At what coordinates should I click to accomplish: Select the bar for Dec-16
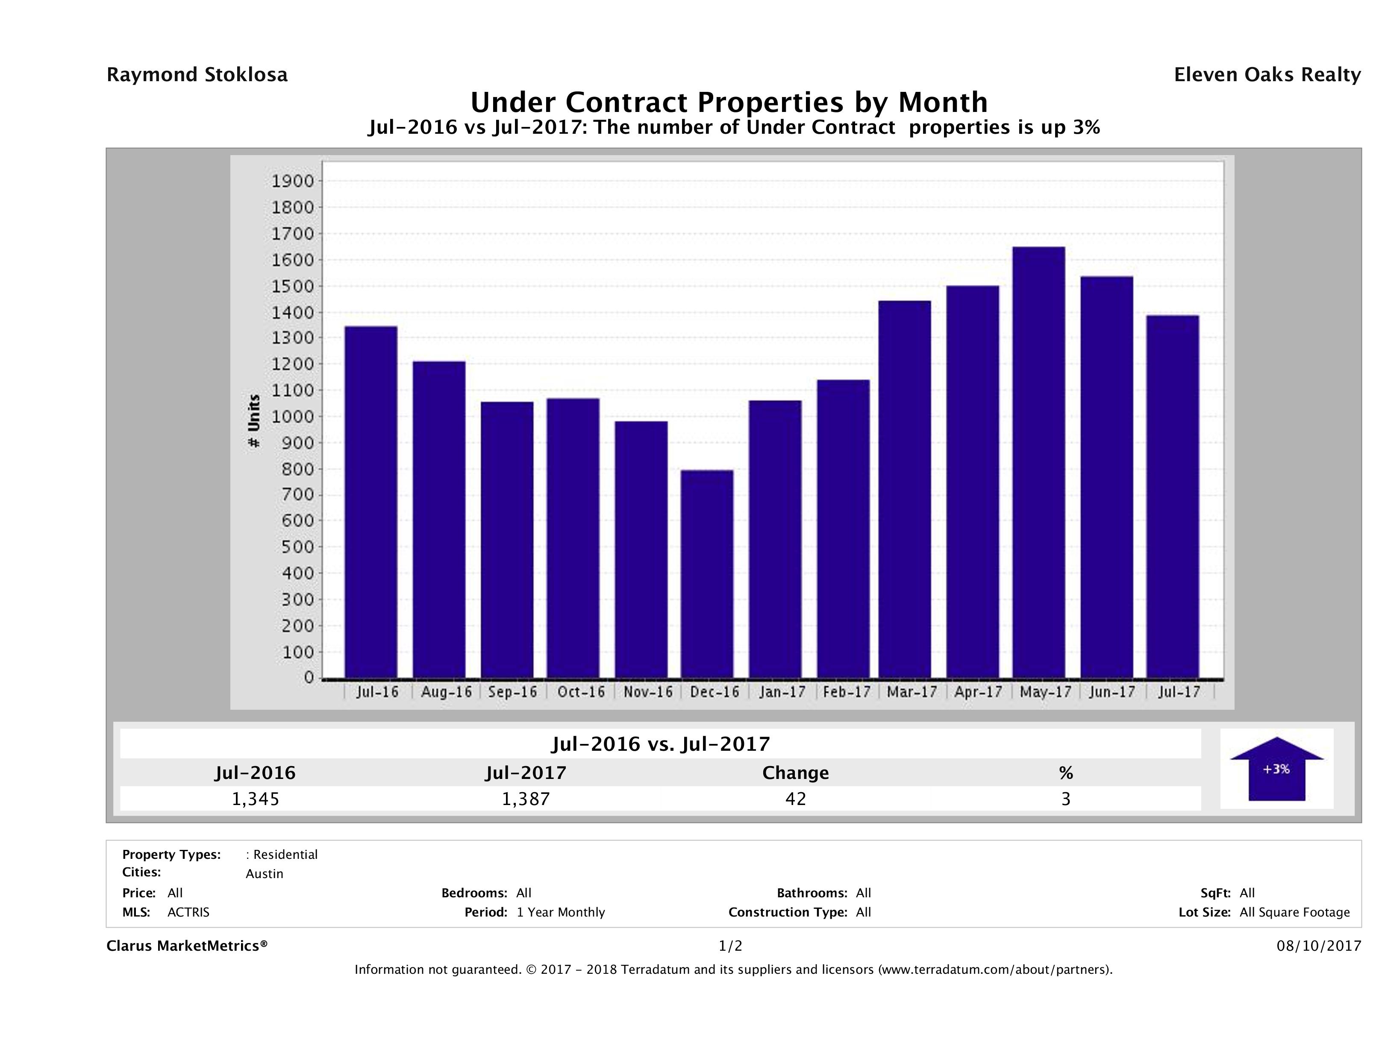click(706, 573)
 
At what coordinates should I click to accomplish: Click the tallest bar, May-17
click(1038, 462)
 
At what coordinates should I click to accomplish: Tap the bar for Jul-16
click(371, 502)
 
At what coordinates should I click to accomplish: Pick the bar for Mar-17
click(905, 489)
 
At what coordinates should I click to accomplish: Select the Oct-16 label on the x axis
click(581, 692)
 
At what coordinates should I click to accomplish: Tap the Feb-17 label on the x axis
click(846, 692)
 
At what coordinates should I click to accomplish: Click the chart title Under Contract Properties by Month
click(728, 102)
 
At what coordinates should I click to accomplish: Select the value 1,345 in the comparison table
click(256, 799)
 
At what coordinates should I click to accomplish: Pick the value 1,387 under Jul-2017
click(526, 799)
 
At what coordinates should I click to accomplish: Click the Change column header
click(796, 773)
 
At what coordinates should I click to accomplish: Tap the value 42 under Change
click(796, 799)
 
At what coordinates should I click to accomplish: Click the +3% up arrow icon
click(1276, 769)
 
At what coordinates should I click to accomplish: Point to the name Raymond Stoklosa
click(197, 75)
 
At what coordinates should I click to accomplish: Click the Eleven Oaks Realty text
click(1267, 75)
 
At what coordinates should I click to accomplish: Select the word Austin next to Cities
click(265, 874)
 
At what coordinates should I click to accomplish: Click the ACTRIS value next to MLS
click(188, 912)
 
